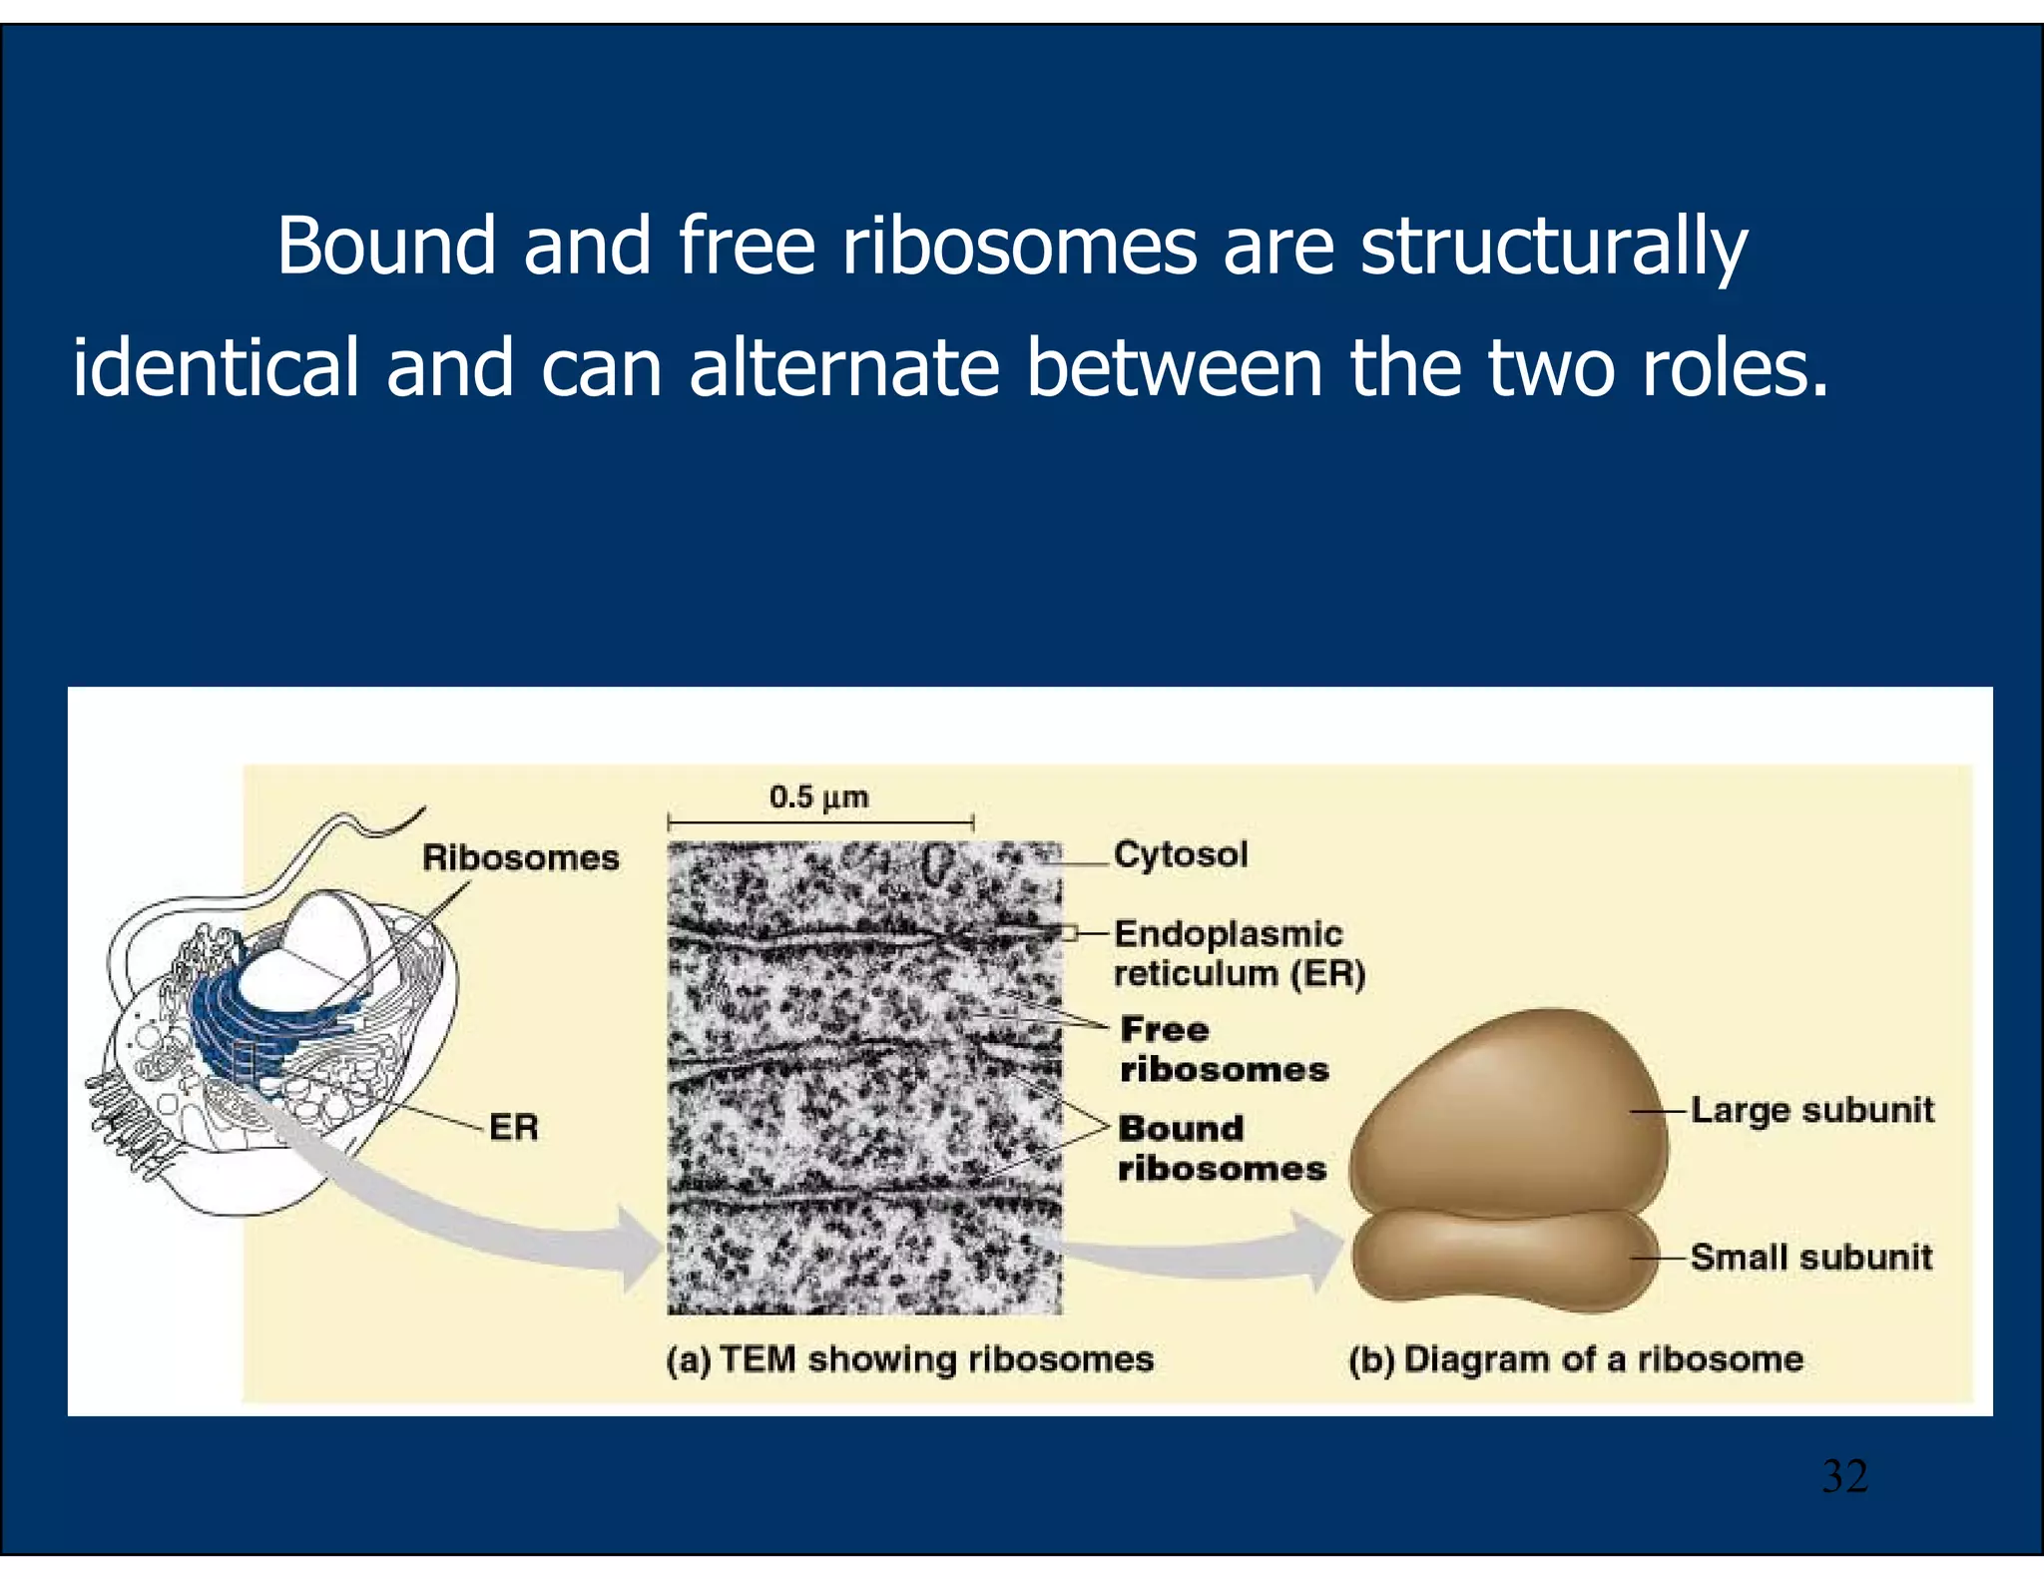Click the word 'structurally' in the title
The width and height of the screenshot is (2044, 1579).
(1553, 247)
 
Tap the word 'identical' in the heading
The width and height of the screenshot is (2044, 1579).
(216, 367)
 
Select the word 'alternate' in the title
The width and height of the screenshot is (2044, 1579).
(843, 367)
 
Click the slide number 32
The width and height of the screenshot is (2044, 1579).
(1844, 1476)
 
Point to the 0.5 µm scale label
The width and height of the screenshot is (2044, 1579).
(818, 797)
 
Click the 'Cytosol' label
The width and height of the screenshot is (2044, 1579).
(1181, 854)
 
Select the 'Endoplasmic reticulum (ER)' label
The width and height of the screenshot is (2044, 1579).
(1239, 953)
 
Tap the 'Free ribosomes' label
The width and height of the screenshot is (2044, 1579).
(1224, 1049)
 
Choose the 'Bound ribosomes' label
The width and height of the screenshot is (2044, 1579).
(1222, 1148)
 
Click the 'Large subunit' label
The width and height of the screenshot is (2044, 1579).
(1812, 1110)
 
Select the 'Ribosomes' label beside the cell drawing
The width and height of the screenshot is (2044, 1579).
(520, 857)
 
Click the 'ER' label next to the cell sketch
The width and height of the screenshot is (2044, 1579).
(514, 1128)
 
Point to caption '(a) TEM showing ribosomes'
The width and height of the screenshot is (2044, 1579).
(909, 1359)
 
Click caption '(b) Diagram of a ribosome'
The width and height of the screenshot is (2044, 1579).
(1576, 1359)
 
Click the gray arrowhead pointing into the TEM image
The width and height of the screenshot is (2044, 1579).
(639, 1248)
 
